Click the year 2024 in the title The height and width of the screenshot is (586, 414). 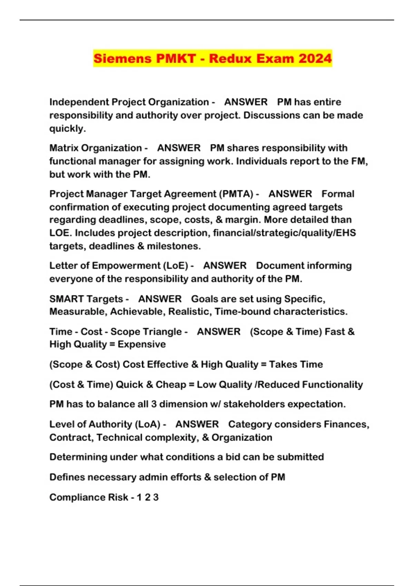coord(315,58)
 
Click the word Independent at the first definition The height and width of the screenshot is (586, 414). coord(79,102)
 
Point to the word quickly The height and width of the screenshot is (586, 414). coord(67,129)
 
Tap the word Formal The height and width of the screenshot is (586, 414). coord(338,194)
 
